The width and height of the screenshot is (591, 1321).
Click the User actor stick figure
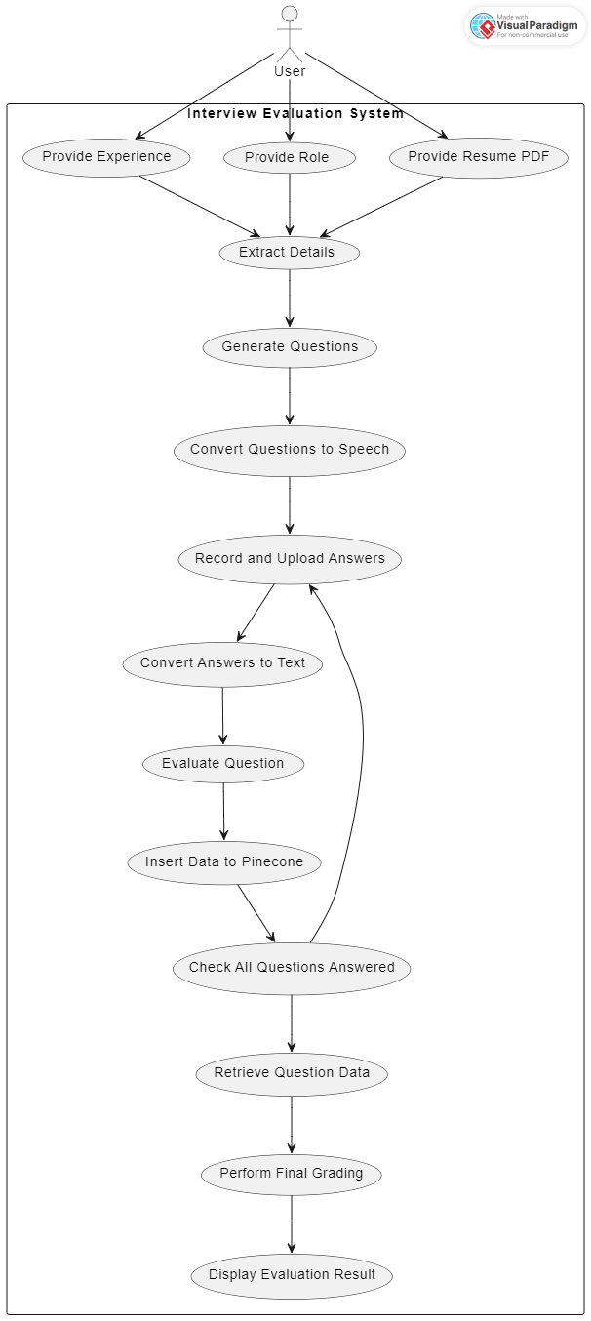290,34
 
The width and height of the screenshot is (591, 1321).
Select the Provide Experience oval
106,157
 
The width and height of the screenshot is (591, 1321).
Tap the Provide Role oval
290,158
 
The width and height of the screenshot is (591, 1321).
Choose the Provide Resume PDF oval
479,157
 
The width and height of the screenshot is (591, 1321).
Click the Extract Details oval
290,253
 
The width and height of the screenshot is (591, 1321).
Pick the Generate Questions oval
290,347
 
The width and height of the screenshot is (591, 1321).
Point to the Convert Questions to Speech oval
290,450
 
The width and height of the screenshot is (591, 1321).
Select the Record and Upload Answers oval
290,559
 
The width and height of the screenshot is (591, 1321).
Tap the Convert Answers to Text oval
222,663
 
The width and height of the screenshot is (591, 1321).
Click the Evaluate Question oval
223,764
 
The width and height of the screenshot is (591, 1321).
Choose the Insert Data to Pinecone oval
224,862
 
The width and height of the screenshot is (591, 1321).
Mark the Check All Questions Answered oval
292,968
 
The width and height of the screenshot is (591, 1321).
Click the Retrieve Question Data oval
292,1073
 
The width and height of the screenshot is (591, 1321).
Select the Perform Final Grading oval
292,1174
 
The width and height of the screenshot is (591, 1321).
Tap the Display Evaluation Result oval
292,1275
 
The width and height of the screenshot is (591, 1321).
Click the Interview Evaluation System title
295,113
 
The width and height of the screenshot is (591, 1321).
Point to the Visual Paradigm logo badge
525,26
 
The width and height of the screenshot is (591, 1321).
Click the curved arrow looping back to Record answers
361,741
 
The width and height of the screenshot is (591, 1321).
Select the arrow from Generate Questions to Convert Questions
290,396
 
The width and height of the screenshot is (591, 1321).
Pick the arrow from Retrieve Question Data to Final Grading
292,1124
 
